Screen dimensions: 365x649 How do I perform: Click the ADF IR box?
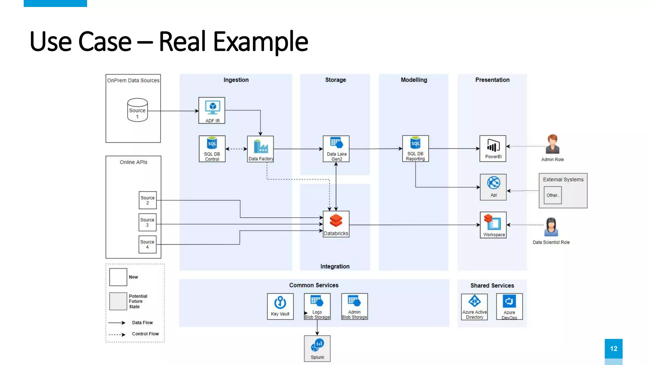[212, 110]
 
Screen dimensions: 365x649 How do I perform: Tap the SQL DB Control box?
[212, 149]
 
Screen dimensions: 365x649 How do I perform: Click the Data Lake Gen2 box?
[336, 149]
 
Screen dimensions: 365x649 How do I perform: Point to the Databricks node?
[336, 224]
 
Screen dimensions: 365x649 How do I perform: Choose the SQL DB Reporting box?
[415, 149]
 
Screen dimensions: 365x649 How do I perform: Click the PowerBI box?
[493, 149]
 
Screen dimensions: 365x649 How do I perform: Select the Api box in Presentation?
[493, 187]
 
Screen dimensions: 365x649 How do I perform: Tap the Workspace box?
[493, 225]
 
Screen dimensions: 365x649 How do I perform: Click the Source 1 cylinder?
[138, 110]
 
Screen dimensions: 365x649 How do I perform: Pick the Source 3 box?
[147, 222]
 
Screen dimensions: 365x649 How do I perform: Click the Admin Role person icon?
[553, 144]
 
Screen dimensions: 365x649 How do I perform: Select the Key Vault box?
[280, 306]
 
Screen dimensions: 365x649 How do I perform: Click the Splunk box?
[317, 349]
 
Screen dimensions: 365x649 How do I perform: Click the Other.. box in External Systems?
[553, 195]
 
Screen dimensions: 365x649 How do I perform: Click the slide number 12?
[614, 349]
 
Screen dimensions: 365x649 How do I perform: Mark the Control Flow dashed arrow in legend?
[117, 335]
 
